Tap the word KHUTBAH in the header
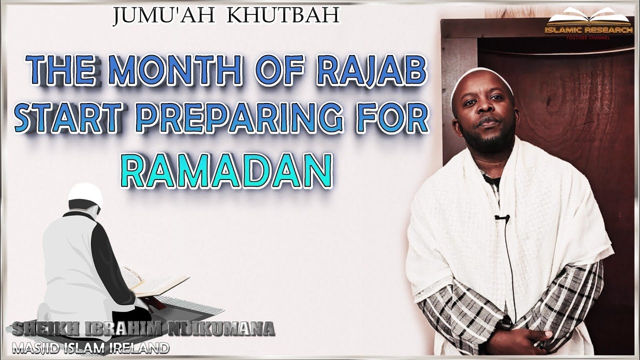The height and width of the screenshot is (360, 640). point(283,16)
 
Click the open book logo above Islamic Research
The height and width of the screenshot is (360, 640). point(589,19)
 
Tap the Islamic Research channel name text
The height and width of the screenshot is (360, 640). point(589,31)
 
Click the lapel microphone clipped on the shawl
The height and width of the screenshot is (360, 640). point(502,218)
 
